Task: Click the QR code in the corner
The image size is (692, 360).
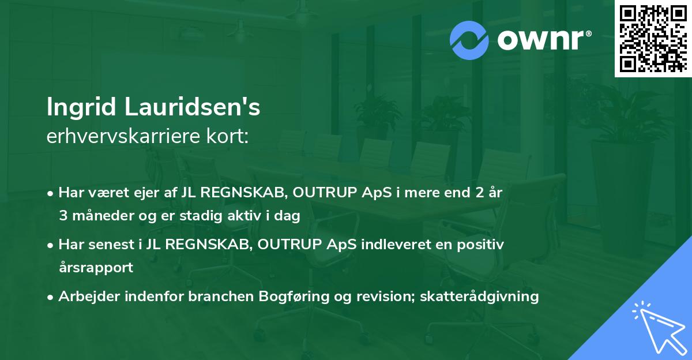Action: pos(653,39)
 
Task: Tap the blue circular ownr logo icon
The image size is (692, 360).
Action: pos(470,40)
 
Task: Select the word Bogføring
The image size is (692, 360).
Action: pos(293,297)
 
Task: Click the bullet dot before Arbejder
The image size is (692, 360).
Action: pos(51,297)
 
